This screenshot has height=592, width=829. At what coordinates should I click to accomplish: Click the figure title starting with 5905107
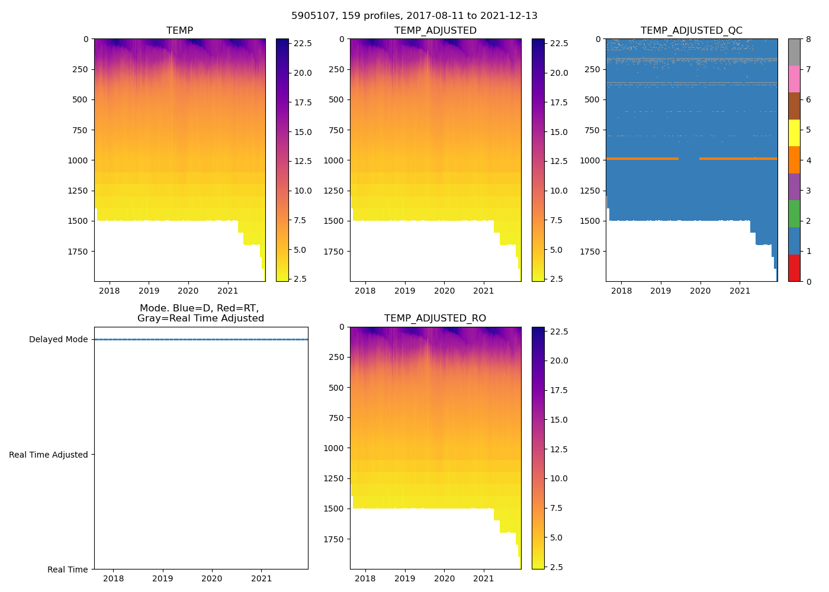[415, 16]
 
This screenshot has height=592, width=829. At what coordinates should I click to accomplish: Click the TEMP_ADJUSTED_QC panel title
[691, 31]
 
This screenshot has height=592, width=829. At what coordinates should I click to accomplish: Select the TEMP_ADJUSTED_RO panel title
[435, 318]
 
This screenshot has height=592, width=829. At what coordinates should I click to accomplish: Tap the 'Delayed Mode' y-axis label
[58, 339]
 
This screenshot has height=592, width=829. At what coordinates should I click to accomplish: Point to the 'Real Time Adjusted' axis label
[49, 455]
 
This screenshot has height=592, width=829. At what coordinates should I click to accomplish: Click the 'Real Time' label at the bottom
[68, 570]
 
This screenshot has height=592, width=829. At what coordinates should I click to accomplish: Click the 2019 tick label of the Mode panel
[163, 579]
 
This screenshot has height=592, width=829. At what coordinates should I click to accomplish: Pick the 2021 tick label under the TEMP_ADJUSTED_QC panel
[740, 291]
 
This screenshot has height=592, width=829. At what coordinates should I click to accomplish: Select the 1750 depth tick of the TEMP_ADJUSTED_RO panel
[335, 539]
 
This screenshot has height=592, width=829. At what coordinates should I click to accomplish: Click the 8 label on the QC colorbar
[808, 39]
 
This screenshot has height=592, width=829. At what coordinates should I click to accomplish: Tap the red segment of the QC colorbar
[794, 268]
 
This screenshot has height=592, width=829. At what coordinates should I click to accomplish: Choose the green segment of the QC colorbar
[794, 214]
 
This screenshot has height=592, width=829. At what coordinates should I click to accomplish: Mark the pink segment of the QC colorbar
[794, 79]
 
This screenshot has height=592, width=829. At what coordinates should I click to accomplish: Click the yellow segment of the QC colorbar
[794, 133]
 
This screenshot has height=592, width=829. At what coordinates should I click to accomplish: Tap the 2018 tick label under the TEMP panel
[110, 291]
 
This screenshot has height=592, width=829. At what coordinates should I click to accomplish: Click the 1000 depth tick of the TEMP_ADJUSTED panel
[335, 160]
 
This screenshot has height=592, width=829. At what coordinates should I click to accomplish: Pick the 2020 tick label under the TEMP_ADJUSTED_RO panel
[444, 579]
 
